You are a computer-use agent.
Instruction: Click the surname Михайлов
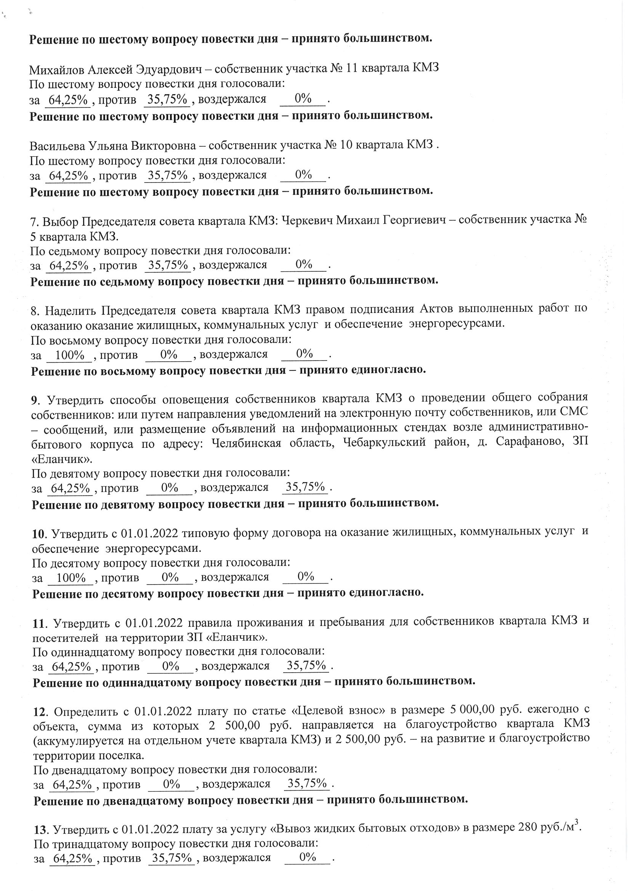tap(57, 69)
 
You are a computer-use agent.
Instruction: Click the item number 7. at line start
tap(35, 222)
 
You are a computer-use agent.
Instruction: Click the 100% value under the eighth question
tap(70, 355)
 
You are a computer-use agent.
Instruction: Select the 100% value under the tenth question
tap(71, 578)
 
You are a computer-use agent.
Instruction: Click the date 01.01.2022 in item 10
tap(149, 534)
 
